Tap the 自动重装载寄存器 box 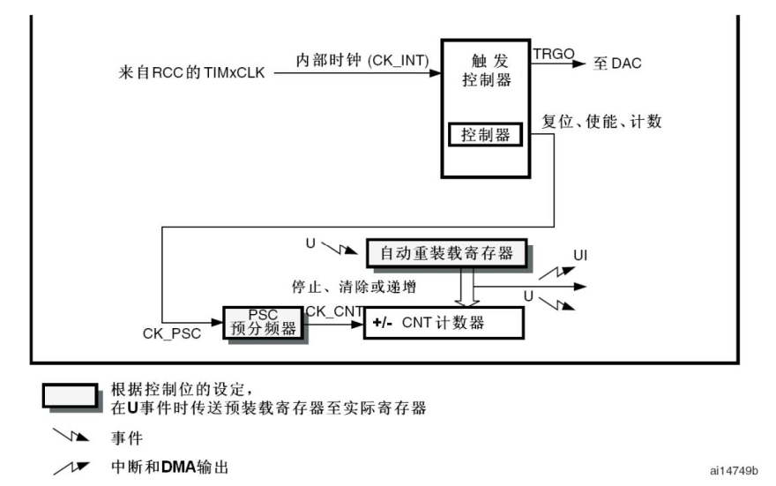451,254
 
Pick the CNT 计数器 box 444,324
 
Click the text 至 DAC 617,64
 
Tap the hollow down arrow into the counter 467,287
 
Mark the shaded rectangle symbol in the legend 70,398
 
